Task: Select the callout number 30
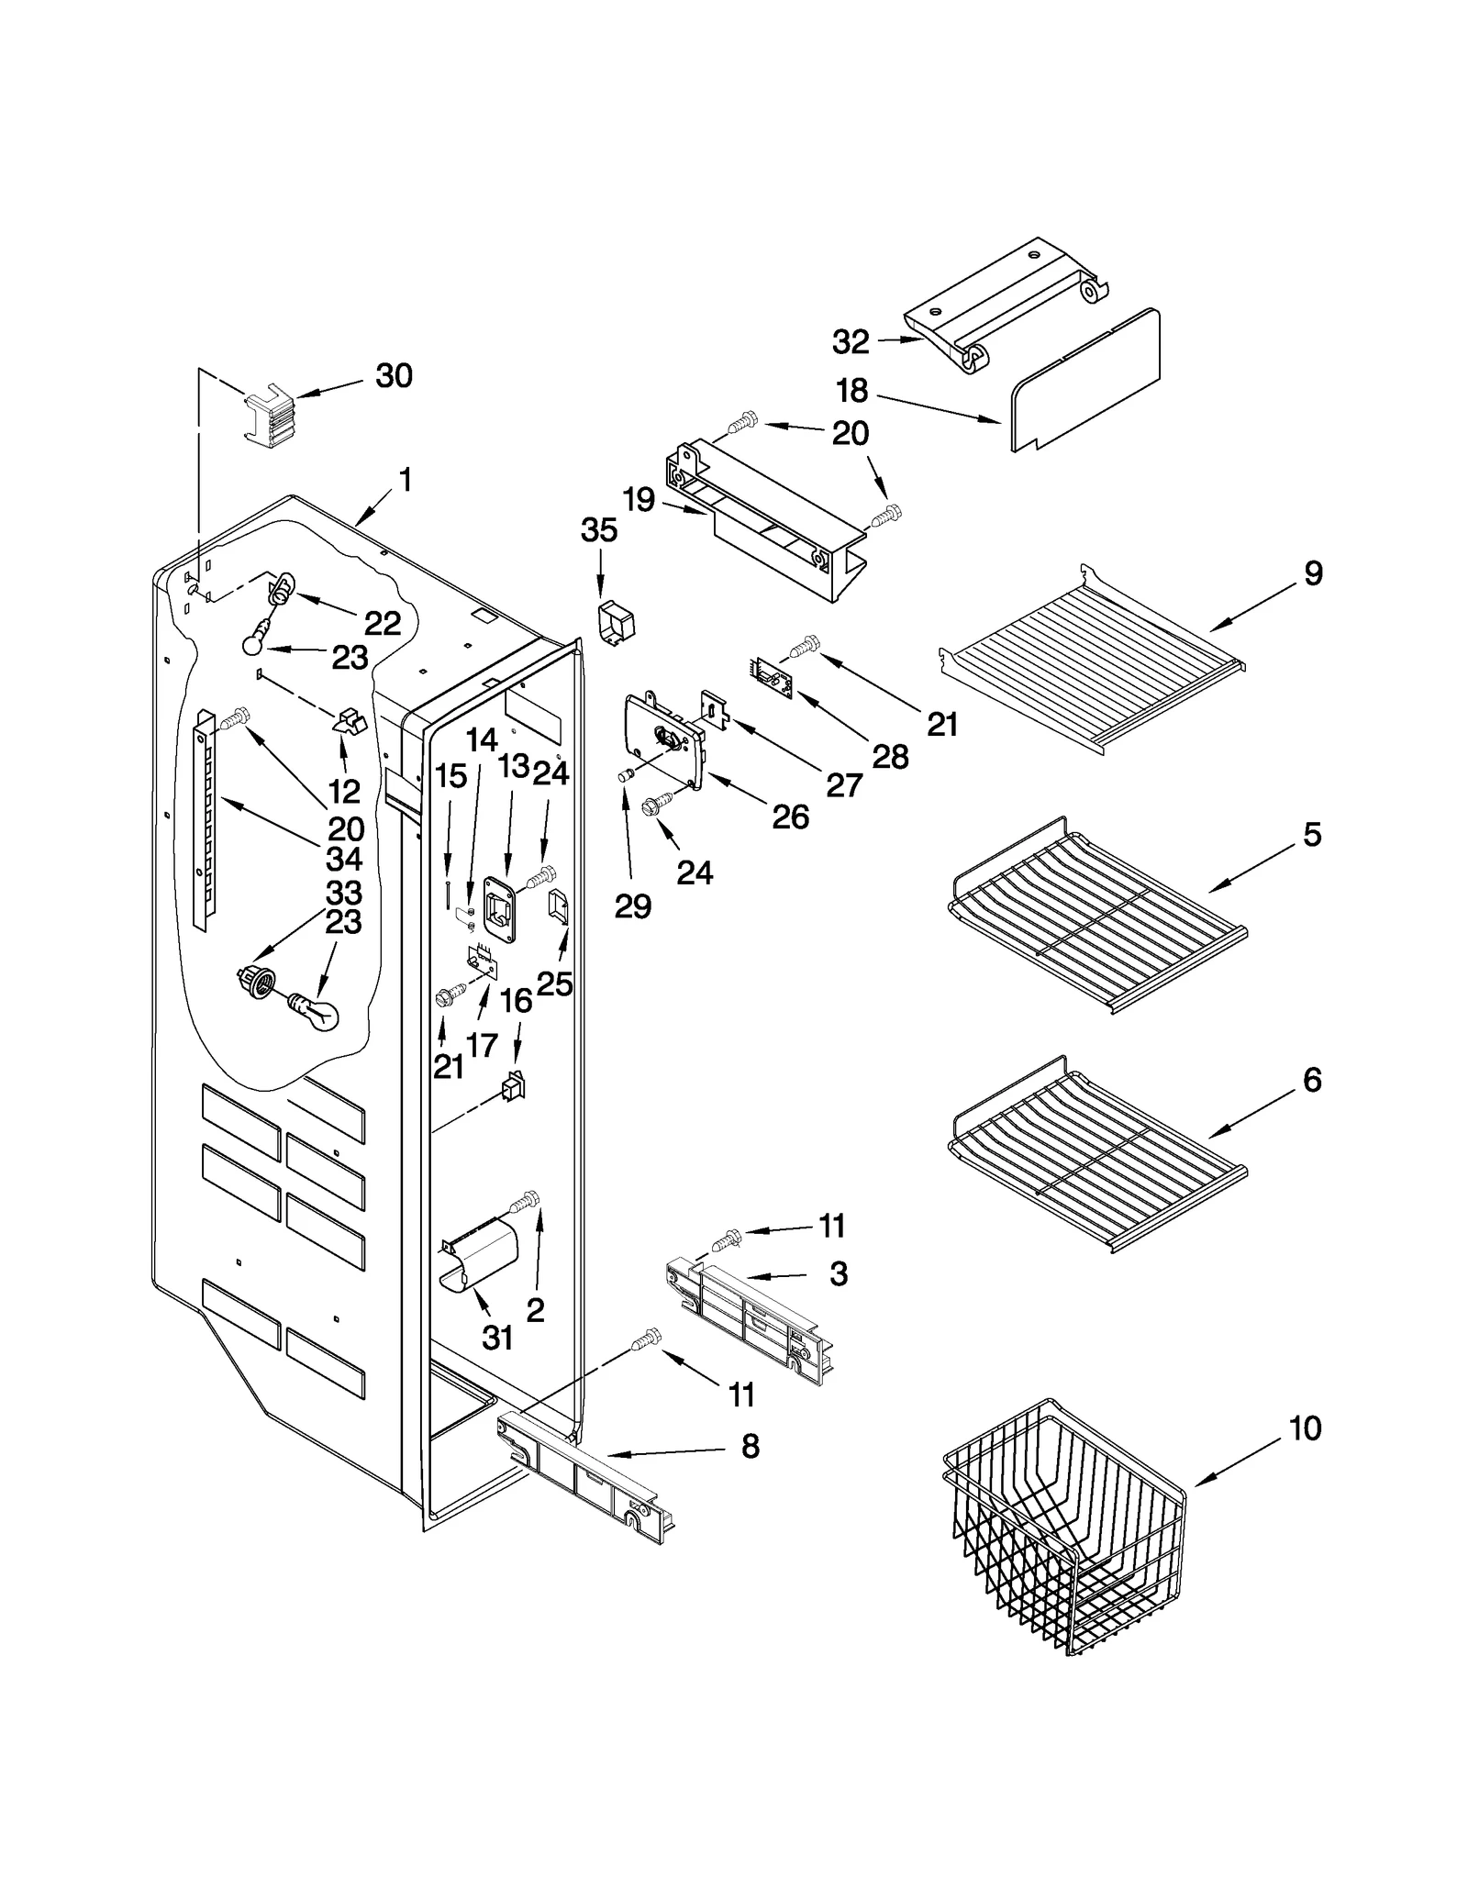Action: [x=394, y=375]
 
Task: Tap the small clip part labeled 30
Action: [x=269, y=417]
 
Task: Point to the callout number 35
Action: [x=599, y=530]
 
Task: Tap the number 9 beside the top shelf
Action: [x=1313, y=574]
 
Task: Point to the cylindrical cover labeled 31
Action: [x=478, y=1258]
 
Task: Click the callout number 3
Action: [x=838, y=1273]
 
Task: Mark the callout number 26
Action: [x=790, y=817]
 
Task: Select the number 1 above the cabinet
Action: [x=405, y=480]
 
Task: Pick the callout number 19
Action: [x=639, y=500]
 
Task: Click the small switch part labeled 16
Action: [x=514, y=1087]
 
